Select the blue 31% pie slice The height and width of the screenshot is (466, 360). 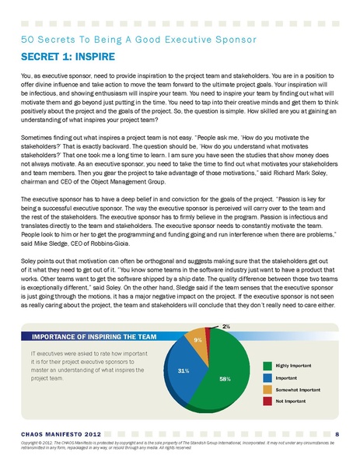[187, 371]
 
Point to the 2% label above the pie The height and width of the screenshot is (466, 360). [226, 326]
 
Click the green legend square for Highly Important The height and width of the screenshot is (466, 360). [269, 364]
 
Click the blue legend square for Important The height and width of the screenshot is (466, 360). [269, 376]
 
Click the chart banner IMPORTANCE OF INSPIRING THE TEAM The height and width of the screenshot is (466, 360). [85, 337]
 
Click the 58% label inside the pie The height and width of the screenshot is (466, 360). [224, 379]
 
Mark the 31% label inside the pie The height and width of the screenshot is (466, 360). [183, 371]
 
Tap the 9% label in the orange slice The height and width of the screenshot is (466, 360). [199, 340]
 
